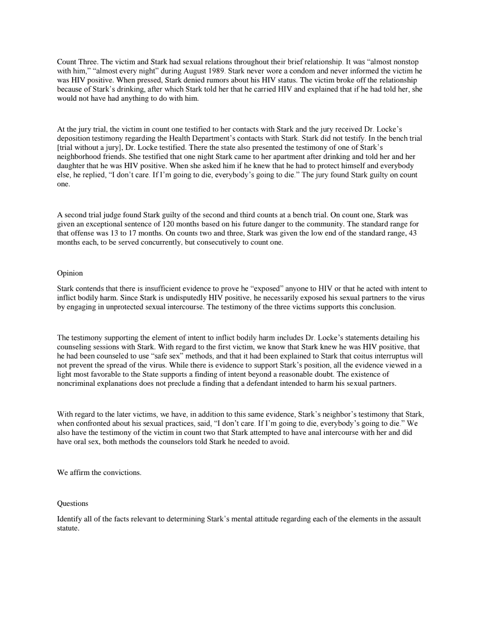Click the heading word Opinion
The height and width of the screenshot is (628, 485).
[x=70, y=273]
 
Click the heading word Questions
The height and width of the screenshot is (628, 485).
[x=73, y=504]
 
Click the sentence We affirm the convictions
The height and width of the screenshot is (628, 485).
[x=99, y=473]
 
